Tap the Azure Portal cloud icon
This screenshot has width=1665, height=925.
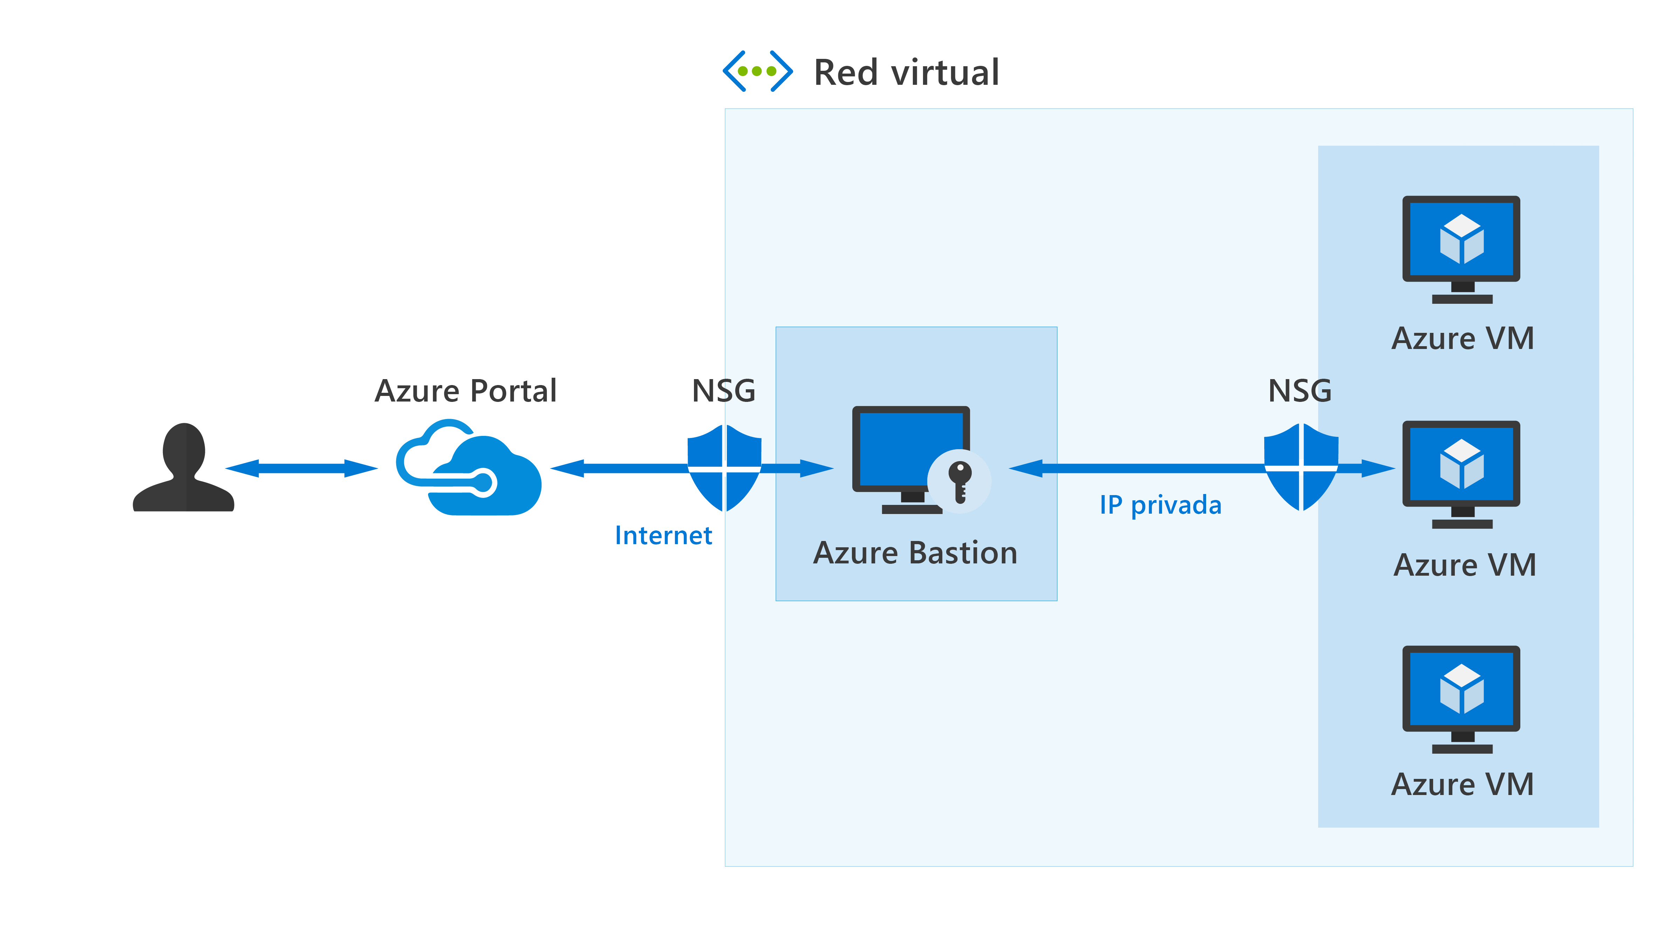[469, 469]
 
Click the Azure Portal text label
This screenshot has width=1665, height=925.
[465, 391]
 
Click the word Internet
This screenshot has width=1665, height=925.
[663, 535]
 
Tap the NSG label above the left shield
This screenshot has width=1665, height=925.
[723, 391]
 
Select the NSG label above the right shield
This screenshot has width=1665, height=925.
[1300, 391]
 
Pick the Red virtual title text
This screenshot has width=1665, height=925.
[906, 73]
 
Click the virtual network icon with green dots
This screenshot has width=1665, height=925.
[757, 71]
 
